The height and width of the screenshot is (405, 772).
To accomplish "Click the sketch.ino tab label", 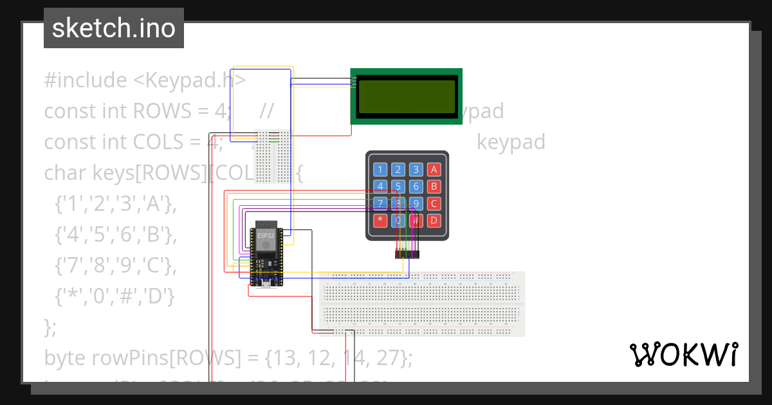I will point(113,28).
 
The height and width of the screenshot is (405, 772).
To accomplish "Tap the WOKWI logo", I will point(683,355).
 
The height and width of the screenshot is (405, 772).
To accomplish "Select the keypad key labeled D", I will point(434,221).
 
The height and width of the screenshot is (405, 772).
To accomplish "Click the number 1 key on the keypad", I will point(381,170).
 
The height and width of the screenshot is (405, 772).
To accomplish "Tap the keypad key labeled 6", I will point(416,186).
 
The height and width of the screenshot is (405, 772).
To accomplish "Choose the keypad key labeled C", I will point(434,204).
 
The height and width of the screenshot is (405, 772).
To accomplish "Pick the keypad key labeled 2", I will point(399,170).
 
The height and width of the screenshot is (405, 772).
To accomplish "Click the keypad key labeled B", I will point(434,186).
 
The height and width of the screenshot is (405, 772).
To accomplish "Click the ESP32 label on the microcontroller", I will point(265,235).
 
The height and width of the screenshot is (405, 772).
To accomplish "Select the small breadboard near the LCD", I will point(273,156).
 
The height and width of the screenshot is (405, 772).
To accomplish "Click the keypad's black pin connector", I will point(407,255).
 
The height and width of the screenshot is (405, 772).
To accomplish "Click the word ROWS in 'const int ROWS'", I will point(158,111).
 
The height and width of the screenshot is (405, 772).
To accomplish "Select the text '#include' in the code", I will point(86,80).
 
